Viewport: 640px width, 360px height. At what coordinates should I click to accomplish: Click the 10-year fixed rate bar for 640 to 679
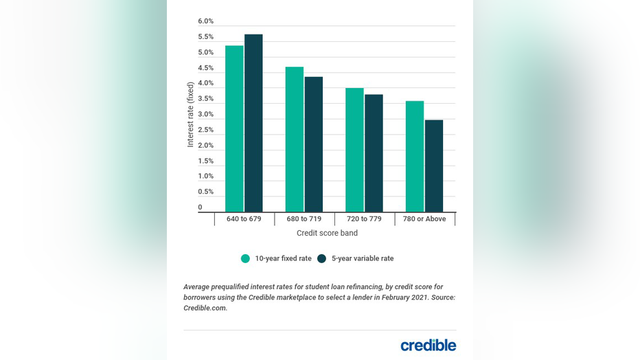[234, 128]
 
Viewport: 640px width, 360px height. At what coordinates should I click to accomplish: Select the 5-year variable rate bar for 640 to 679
[253, 123]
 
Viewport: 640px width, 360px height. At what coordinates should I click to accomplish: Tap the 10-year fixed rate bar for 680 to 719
[295, 139]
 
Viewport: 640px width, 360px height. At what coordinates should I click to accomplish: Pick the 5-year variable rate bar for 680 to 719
[314, 144]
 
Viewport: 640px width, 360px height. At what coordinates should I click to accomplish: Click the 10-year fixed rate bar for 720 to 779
[354, 150]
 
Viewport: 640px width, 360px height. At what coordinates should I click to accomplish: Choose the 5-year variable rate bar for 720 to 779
[374, 153]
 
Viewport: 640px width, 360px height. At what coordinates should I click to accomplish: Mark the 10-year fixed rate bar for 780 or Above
[415, 156]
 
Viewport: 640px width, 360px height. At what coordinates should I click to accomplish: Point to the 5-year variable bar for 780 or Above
[434, 166]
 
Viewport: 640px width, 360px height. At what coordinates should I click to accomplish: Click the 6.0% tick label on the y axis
[205, 21]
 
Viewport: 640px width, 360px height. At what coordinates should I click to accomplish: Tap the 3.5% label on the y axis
[205, 99]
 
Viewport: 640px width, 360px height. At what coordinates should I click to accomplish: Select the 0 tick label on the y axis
[201, 207]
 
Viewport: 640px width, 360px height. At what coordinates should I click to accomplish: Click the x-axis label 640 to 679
[244, 219]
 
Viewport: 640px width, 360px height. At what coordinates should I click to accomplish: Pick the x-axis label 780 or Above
[424, 219]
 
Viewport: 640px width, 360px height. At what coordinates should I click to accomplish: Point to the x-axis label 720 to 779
[364, 219]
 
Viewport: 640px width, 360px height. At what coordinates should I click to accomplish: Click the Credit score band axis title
[327, 234]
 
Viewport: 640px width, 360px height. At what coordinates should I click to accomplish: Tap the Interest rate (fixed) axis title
[191, 115]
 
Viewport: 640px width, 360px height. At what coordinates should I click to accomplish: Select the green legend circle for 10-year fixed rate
[245, 258]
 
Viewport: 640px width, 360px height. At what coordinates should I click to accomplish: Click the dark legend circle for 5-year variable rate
[322, 258]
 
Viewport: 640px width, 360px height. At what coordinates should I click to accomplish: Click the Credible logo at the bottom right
[428, 345]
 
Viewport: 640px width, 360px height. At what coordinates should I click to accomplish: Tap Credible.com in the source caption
[205, 308]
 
